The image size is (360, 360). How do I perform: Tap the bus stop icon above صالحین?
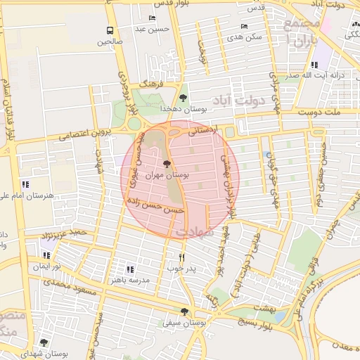110,30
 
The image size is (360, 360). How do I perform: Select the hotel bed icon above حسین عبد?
153,18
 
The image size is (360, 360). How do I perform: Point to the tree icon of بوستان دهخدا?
184,98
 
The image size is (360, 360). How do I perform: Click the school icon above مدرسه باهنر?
129,269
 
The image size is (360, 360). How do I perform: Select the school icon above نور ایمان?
46,255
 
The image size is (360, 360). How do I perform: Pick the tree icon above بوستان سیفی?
184,311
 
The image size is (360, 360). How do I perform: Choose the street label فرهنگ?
150,84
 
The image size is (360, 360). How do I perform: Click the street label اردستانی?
204,130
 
